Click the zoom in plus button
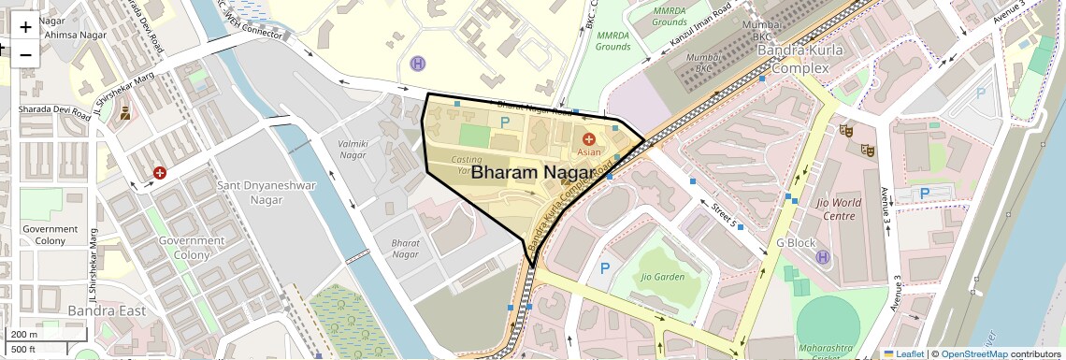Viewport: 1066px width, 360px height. click(25, 26)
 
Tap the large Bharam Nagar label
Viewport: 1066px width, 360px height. click(531, 173)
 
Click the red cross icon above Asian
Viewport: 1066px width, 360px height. click(588, 138)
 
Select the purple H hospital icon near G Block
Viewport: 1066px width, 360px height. click(823, 257)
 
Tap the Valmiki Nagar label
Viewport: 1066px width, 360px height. click(346, 150)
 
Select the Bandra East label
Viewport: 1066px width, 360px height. click(103, 310)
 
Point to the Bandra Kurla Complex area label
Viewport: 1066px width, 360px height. click(793, 59)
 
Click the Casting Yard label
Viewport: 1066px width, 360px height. click(467, 166)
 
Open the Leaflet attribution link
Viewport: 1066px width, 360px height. click(903, 354)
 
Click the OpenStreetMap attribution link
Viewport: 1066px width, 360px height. click(973, 354)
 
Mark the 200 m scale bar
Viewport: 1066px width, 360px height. click(25, 335)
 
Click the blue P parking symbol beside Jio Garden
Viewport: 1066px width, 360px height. click(605, 268)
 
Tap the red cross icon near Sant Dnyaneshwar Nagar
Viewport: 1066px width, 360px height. click(160, 174)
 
